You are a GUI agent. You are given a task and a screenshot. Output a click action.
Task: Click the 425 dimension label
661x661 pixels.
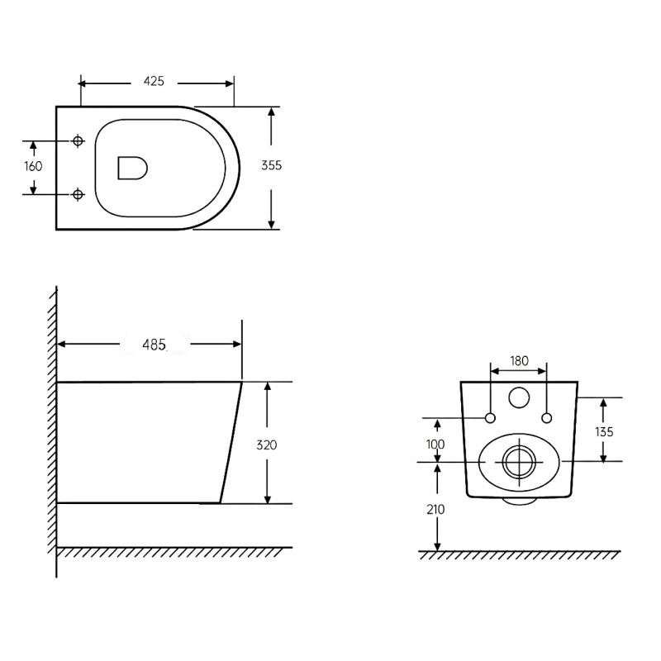tap(155, 81)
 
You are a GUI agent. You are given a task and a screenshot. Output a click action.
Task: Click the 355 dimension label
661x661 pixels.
tap(272, 165)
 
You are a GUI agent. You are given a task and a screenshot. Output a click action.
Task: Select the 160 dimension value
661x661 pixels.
tap(33, 166)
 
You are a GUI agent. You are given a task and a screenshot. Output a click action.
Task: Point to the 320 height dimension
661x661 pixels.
tap(266, 445)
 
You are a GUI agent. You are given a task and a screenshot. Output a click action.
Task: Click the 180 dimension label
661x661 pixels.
tap(519, 360)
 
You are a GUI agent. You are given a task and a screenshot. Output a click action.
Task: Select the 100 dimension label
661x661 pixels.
tap(436, 445)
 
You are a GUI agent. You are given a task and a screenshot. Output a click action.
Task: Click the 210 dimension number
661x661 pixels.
tap(436, 509)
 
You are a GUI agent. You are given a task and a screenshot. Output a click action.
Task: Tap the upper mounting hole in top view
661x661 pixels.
tap(78, 140)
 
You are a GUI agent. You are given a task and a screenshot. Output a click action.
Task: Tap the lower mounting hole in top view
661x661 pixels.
tap(78, 194)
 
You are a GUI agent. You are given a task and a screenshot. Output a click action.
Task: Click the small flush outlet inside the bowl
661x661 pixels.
tap(133, 167)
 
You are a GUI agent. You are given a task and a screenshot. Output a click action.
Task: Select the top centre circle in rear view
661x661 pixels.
tap(519, 398)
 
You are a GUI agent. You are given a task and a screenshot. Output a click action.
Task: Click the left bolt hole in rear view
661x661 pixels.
tap(490, 416)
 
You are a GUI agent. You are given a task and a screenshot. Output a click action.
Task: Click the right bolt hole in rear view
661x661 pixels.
tap(546, 416)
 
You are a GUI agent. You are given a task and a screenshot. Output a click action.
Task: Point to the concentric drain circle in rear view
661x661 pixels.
tap(519, 462)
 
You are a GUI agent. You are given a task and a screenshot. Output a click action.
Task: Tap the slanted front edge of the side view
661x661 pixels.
tap(231, 443)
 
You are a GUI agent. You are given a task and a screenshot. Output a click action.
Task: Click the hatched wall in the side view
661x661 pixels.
tap(52, 430)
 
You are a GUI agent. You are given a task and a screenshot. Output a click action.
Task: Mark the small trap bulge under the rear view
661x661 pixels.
tap(519, 501)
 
